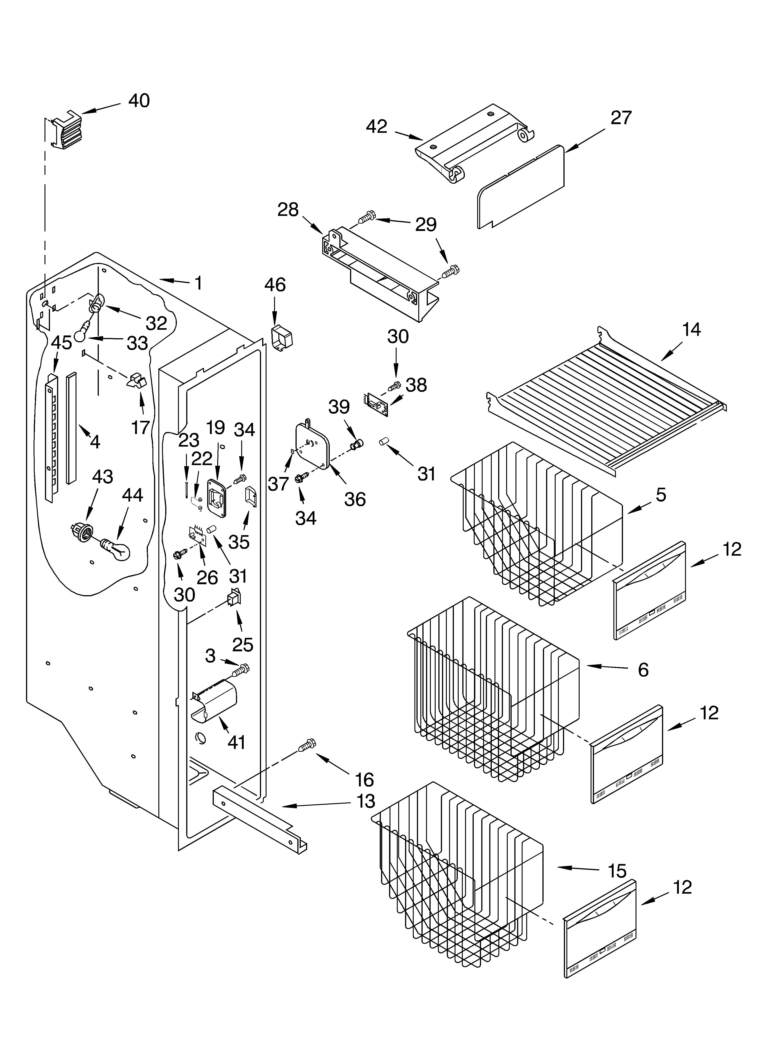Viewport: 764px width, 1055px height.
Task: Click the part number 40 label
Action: pyautogui.click(x=139, y=101)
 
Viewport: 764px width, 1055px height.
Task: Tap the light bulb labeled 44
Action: pyautogui.click(x=116, y=549)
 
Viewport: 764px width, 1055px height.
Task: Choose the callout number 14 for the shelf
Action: pyautogui.click(x=691, y=330)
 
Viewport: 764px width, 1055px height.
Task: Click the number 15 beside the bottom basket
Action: pyautogui.click(x=617, y=871)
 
